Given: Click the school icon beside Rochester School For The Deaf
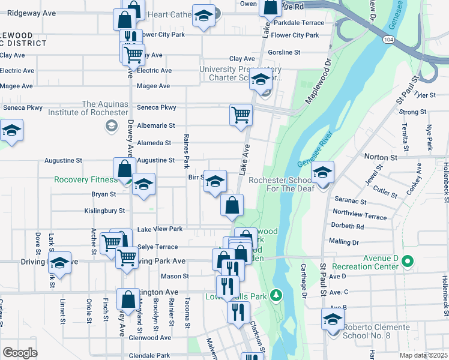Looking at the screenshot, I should tap(322, 174).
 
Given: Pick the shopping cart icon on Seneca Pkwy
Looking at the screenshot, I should tap(241, 114).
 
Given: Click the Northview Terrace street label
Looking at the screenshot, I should tap(360, 213).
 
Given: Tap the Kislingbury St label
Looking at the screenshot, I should tap(104, 211).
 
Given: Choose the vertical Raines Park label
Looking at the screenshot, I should tap(186, 150).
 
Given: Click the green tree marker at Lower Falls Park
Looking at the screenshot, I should tap(276, 295).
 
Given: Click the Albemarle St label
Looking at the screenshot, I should tap(155, 125).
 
